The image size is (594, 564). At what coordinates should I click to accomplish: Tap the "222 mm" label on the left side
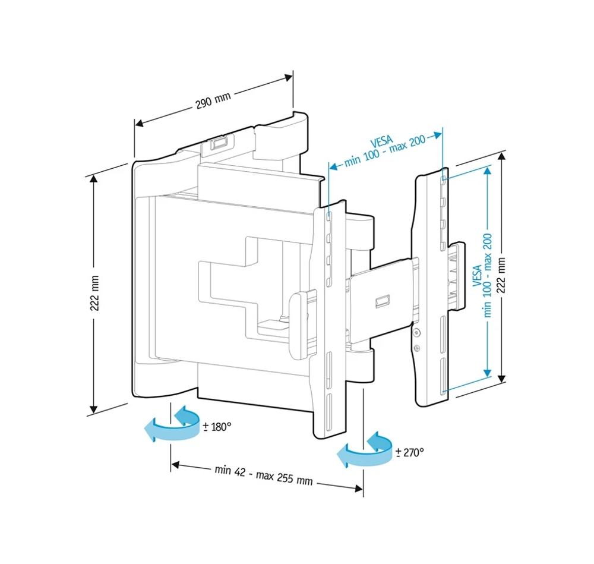coord(94,294)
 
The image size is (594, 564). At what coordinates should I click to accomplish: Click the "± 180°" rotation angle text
coord(217,427)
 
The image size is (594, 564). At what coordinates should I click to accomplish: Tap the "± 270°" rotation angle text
coord(410,453)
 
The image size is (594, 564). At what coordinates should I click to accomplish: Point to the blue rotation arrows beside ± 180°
coord(173,424)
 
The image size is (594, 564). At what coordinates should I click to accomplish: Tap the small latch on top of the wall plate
coord(218,143)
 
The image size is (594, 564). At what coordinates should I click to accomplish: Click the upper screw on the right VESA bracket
coord(417,332)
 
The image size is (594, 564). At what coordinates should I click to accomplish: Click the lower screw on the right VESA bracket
coord(417,347)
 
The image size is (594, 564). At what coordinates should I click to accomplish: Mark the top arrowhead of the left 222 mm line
coord(93,181)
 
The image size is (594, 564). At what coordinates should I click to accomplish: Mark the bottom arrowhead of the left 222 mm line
coord(93,408)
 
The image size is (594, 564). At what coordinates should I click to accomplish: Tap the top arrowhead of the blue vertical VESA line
coord(488,170)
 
